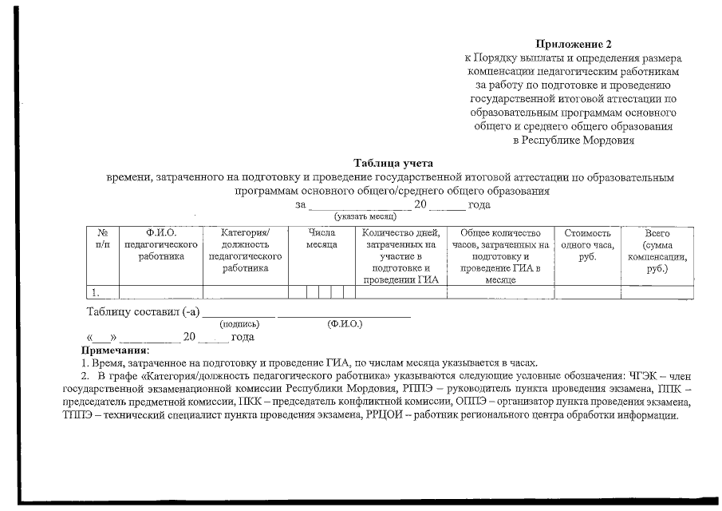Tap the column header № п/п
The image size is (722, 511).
(102, 240)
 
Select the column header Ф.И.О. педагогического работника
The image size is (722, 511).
(160, 244)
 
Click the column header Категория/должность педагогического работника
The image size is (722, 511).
(246, 251)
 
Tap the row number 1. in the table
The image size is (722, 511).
(96, 291)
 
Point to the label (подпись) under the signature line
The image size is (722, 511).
(239, 324)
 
